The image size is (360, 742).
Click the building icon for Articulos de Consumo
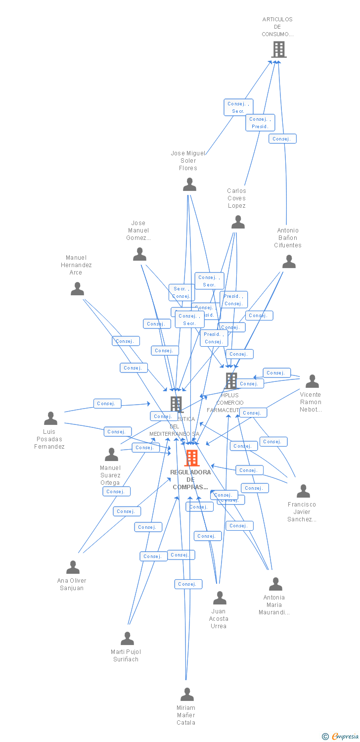(x=279, y=49)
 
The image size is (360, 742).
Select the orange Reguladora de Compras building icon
(x=192, y=458)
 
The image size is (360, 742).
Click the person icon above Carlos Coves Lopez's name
(x=238, y=223)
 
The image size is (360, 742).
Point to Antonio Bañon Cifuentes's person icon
(x=289, y=262)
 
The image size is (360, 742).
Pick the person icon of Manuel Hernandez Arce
(x=77, y=289)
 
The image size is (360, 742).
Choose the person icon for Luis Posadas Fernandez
(x=50, y=418)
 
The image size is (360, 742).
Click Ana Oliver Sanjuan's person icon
(x=73, y=567)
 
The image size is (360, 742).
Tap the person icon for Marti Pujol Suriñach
(x=127, y=639)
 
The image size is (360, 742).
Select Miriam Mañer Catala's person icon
(x=187, y=695)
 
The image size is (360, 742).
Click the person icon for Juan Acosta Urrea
(x=220, y=598)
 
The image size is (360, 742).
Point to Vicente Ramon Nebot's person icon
(x=312, y=381)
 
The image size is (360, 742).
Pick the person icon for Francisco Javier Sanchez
(x=303, y=491)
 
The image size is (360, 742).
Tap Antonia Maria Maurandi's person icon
(x=275, y=584)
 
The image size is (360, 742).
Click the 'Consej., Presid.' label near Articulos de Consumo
(x=260, y=123)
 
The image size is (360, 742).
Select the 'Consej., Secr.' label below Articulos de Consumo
(x=238, y=107)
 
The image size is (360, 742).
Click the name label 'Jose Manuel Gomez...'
(x=138, y=231)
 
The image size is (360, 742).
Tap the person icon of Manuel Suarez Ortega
(x=111, y=454)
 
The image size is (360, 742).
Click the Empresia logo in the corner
(x=341, y=737)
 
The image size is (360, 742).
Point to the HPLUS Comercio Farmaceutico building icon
(x=231, y=380)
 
